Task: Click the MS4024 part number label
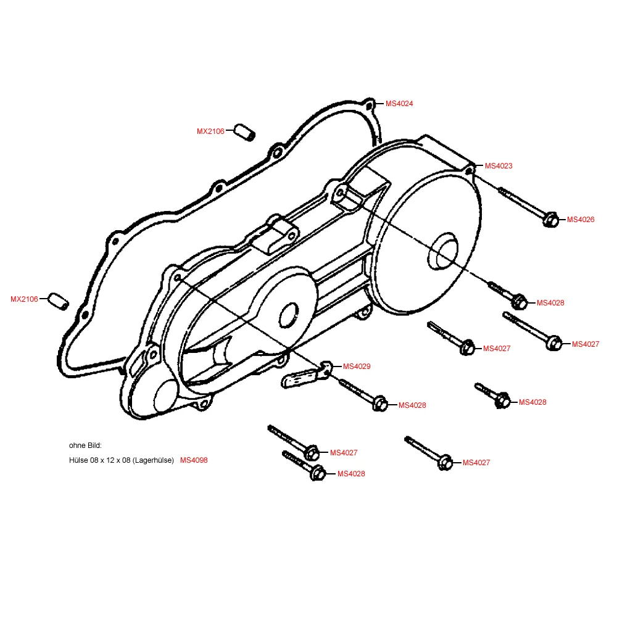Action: pyautogui.click(x=399, y=104)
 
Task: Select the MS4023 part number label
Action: pyautogui.click(x=499, y=166)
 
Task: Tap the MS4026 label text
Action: pyautogui.click(x=581, y=220)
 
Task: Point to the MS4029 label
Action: pyautogui.click(x=357, y=366)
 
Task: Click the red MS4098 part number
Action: pyautogui.click(x=194, y=460)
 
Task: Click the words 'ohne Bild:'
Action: pyautogui.click(x=85, y=445)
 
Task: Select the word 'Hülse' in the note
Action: pyautogui.click(x=79, y=460)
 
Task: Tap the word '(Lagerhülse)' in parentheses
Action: pyautogui.click(x=152, y=460)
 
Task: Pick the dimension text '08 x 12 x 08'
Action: pyautogui.click(x=110, y=460)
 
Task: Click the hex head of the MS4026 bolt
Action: pyautogui.click(x=551, y=219)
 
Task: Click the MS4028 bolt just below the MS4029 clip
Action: pyautogui.click(x=379, y=404)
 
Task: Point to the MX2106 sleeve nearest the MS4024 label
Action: pyautogui.click(x=244, y=132)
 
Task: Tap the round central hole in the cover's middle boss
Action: pyautogui.click(x=289, y=315)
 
